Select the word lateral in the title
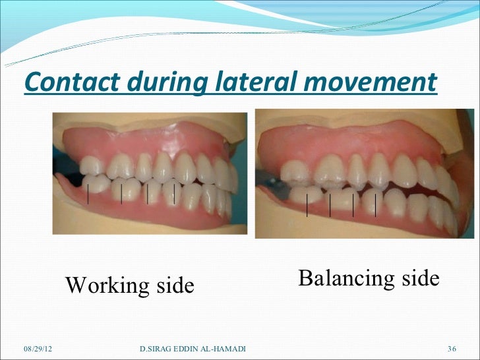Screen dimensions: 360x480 251,82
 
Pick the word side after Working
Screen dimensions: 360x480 174,286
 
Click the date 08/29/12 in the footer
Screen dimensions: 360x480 37,347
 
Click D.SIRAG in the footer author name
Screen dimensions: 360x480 157,347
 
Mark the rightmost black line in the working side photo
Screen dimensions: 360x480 174,193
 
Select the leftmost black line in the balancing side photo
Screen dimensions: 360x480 307,204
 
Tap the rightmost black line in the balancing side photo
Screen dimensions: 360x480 375,204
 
